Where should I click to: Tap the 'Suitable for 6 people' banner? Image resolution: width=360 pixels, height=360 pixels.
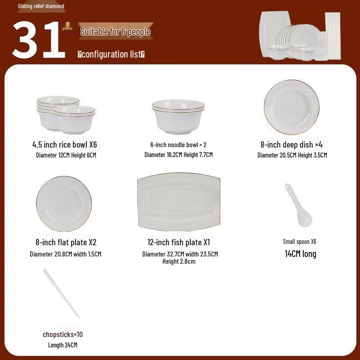[115, 31]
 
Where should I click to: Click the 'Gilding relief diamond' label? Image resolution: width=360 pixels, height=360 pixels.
[41, 6]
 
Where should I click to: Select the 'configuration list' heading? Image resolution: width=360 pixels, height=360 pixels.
[111, 54]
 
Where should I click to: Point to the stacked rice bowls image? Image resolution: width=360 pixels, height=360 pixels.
[66, 114]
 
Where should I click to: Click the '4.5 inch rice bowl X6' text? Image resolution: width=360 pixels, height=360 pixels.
[65, 144]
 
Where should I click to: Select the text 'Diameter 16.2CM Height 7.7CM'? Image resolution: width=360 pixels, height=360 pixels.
[179, 155]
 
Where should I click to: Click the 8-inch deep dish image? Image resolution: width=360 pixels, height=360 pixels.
[292, 107]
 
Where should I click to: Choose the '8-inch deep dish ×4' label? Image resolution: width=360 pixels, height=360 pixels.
[292, 144]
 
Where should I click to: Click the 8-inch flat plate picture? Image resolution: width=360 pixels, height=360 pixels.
[64, 203]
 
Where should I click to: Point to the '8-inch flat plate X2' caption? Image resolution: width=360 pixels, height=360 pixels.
[66, 242]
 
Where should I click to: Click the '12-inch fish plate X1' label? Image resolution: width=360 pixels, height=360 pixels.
[179, 242]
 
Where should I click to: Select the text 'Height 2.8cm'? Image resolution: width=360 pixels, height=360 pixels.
[179, 261]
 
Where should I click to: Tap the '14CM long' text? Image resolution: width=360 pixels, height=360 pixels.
[300, 254]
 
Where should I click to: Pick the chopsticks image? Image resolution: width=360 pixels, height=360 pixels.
[62, 293]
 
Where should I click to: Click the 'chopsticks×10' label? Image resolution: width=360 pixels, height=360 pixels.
[63, 334]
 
